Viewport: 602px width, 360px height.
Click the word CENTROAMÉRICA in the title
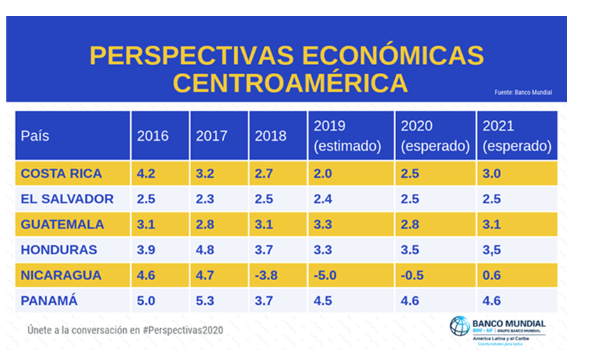pyautogui.click(x=290, y=82)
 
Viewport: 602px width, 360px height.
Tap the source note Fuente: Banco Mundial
pyautogui.click(x=523, y=92)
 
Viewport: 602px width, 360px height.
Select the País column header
pyautogui.click(x=36, y=136)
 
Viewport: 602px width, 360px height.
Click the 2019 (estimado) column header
pyautogui.click(x=347, y=136)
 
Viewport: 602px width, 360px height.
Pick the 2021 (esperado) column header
pyautogui.click(x=517, y=136)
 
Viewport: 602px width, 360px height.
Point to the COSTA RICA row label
pyautogui.click(x=62, y=173)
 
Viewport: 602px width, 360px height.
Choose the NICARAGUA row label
pyautogui.click(x=62, y=275)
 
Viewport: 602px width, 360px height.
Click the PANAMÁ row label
pyautogui.click(x=49, y=300)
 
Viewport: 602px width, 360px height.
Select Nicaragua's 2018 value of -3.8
pyautogui.click(x=266, y=275)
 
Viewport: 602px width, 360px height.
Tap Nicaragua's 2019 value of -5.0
pyautogui.click(x=325, y=275)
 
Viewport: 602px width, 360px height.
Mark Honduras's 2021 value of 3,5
pyautogui.click(x=492, y=249)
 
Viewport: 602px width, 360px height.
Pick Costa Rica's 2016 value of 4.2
pyautogui.click(x=146, y=173)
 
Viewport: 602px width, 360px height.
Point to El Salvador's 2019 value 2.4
pyautogui.click(x=323, y=198)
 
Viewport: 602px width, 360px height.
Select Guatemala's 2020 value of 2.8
pyautogui.click(x=409, y=224)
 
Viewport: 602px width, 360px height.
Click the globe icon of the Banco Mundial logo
pyautogui.click(x=460, y=326)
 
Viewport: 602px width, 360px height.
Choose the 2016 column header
pyautogui.click(x=153, y=136)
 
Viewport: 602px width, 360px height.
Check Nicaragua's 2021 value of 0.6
pyautogui.click(x=492, y=275)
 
